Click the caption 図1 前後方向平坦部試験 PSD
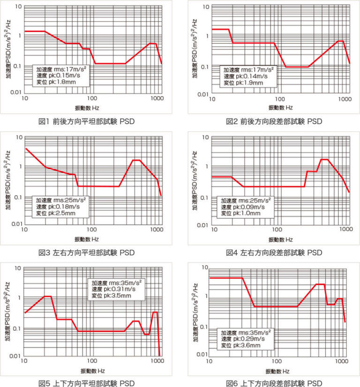86,121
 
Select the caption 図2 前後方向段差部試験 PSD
274,121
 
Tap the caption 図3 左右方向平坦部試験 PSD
86,253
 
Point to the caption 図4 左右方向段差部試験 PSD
274,253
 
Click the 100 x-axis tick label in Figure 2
279,100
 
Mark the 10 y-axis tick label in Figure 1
17,7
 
